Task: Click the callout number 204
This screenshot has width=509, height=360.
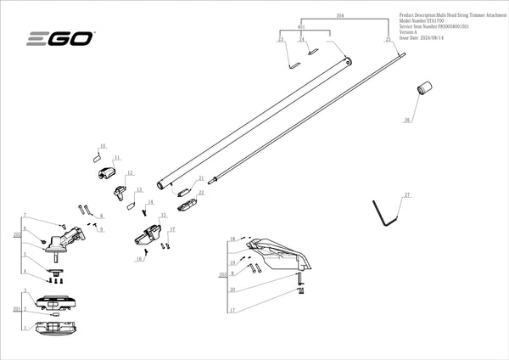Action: pos(340,16)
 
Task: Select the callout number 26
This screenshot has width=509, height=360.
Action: pos(406,121)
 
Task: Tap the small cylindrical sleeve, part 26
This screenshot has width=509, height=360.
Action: pos(423,88)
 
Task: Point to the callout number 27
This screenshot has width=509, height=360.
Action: pos(407,196)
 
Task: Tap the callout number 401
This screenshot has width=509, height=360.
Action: pos(300,27)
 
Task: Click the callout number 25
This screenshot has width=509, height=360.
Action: pos(388,40)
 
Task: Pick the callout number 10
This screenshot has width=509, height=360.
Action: pos(103,146)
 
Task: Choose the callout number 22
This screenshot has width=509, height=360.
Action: pos(201,193)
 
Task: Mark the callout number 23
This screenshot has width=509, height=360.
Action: pos(281,40)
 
